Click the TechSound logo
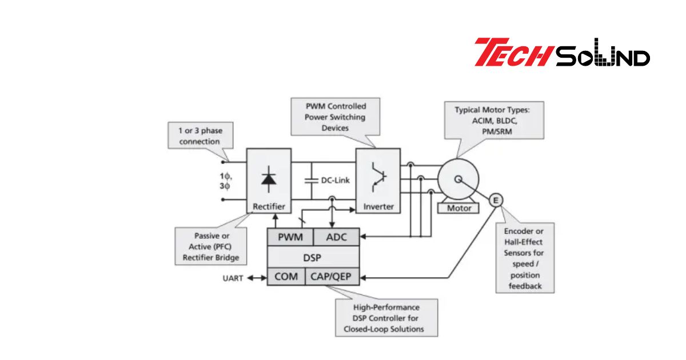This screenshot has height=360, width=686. (x=561, y=53)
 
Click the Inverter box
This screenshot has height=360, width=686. (x=378, y=181)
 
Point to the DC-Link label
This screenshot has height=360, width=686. (x=335, y=180)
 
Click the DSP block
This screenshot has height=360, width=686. (x=313, y=257)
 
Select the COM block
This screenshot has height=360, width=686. (x=286, y=277)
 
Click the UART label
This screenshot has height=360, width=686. (x=233, y=278)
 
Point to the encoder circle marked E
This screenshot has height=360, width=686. (x=496, y=199)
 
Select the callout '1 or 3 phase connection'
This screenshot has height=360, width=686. (x=200, y=136)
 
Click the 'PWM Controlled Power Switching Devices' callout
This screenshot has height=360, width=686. (x=335, y=117)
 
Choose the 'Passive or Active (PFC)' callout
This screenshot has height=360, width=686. (x=211, y=246)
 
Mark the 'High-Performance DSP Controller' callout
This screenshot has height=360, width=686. (x=386, y=318)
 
